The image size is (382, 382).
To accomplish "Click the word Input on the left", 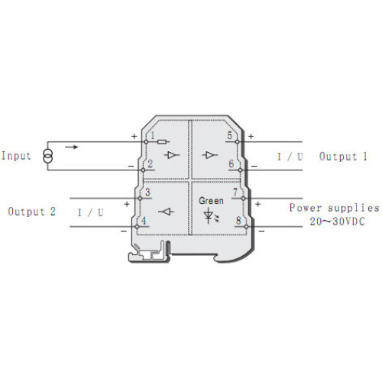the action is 16,156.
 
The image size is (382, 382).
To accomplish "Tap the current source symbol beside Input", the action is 47,156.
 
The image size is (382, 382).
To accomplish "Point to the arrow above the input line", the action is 72,147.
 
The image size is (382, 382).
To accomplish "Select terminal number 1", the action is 153,135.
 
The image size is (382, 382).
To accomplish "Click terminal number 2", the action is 150,163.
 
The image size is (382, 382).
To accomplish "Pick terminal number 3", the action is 147,192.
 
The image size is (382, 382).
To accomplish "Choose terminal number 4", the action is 144,221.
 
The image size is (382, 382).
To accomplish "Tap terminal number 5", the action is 230,135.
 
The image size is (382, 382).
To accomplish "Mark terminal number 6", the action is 231,163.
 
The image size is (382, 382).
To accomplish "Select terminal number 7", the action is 235,192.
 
